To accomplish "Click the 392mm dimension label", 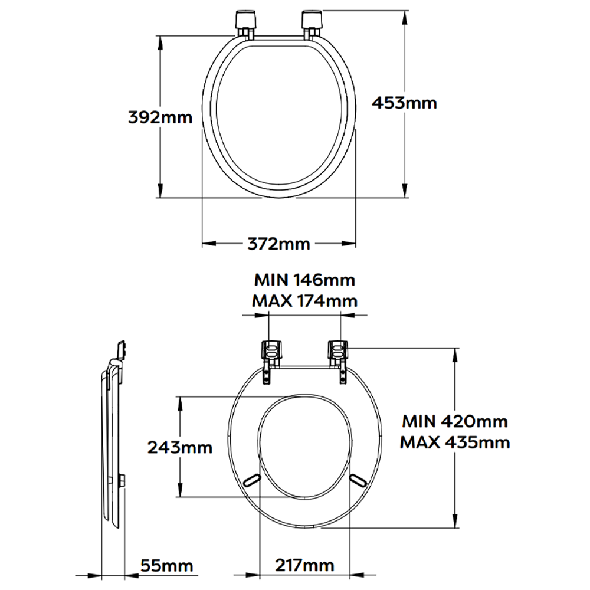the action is click(160, 117).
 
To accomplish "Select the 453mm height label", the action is click(405, 103).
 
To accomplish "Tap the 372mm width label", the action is click(279, 244).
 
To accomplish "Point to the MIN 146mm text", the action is click(305, 280).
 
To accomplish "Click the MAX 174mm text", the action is click(305, 301).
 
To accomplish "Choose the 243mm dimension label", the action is click(180, 447).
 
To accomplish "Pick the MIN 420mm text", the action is click(455, 421).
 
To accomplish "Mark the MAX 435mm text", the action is click(455, 442).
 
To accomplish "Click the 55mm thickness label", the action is click(167, 566).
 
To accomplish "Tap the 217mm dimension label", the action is click(305, 565).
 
